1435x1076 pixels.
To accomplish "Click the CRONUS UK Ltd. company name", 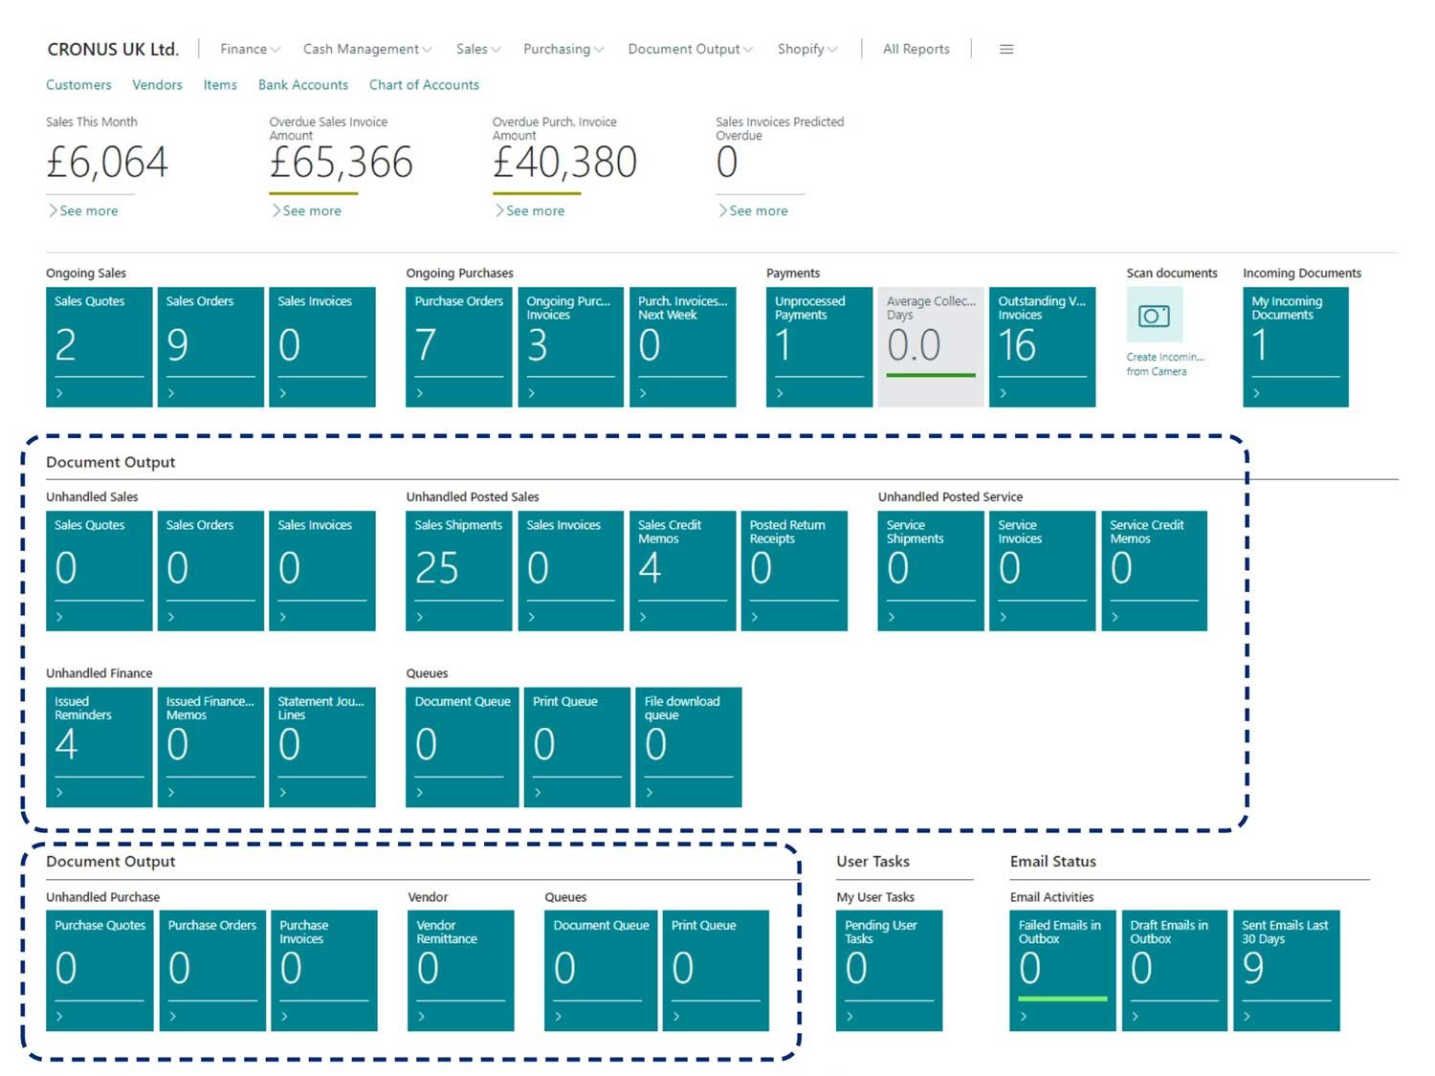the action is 113,49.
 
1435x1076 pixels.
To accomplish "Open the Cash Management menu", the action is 366,49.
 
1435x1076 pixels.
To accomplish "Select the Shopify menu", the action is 806,49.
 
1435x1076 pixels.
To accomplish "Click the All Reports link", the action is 916,49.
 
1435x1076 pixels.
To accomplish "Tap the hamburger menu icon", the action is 1005,49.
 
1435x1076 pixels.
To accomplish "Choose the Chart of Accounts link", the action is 424,85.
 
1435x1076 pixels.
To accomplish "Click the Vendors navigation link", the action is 157,85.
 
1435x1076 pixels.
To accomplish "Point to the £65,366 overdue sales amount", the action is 341,162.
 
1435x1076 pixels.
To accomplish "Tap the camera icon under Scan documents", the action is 1154,315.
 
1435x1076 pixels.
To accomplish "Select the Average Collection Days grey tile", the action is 930,346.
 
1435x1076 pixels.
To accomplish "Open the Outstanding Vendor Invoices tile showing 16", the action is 1042,346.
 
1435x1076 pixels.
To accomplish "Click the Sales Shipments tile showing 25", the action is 458,570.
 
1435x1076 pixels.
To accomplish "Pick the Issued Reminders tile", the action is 99,747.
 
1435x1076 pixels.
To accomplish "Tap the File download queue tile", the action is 688,747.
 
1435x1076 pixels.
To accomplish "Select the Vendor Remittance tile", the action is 460,970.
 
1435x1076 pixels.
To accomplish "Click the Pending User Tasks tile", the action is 889,970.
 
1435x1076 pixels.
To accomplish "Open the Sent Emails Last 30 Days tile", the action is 1286,970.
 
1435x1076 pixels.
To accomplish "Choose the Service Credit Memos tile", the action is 1154,570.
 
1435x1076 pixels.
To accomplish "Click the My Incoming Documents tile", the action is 1295,346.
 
